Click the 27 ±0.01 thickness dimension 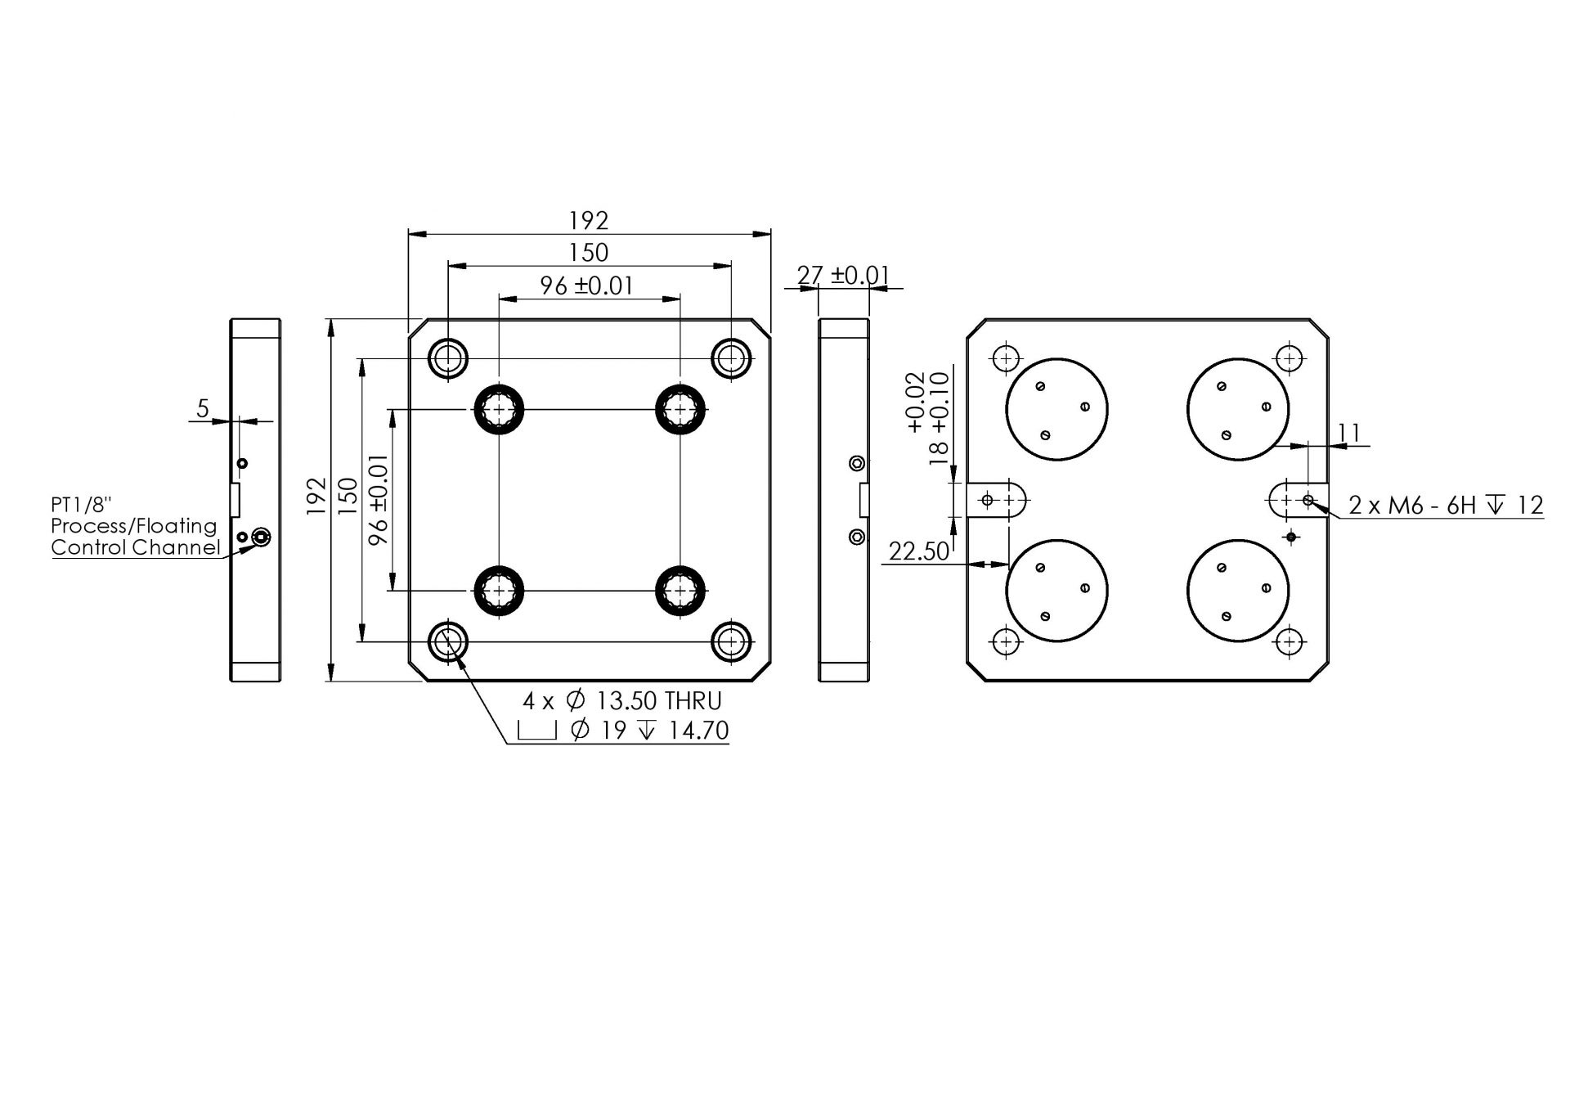point(843,276)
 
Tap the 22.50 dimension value point(918,552)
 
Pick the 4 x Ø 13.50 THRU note point(622,701)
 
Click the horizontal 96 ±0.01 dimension point(586,286)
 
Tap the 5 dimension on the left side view point(203,407)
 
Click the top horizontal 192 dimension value point(589,221)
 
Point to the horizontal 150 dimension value point(589,253)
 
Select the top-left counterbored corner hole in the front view point(448,358)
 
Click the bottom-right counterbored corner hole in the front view point(730,642)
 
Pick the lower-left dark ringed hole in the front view point(499,590)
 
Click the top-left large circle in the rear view point(1056,409)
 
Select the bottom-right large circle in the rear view point(1237,590)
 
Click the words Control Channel point(136,547)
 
